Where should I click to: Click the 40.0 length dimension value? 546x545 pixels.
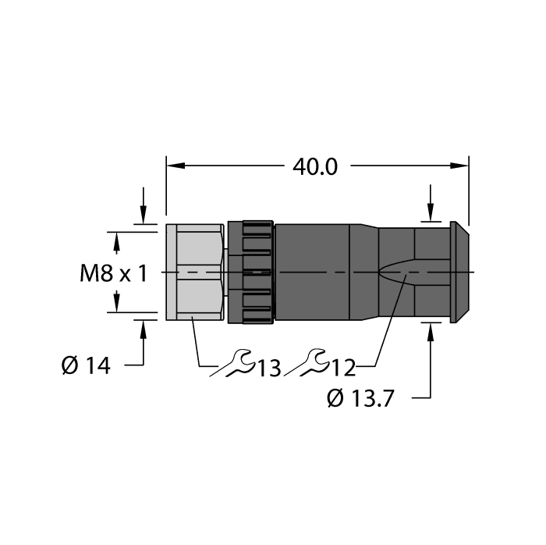pos(314,166)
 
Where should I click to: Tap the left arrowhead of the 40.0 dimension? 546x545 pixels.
pos(174,166)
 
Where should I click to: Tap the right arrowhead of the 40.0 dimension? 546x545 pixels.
pos(461,166)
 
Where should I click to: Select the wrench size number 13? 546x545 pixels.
pos(269,366)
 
